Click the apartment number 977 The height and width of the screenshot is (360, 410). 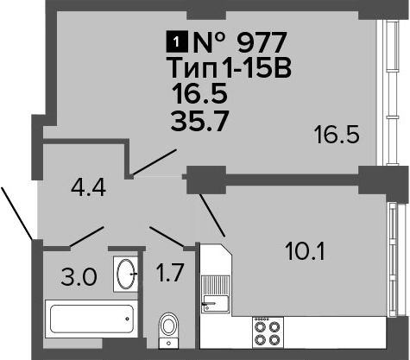pos(262,42)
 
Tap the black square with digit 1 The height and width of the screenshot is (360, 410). pos(177,42)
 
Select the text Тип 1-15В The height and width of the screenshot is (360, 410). pos(230,68)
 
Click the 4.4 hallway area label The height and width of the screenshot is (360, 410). pos(88,187)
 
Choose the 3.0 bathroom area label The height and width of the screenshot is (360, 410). pos(79,277)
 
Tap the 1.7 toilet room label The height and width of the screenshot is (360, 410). pos(169,273)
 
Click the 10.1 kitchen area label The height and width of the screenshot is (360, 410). pos(305,251)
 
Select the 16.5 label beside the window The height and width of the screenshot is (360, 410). pos(337,135)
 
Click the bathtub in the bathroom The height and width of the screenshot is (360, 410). pos(91,319)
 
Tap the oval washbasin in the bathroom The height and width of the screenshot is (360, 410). pos(126,274)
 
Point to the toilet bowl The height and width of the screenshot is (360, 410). pos(168,331)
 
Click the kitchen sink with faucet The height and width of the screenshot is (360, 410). pos(216,294)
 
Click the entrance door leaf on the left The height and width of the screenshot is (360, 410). pos(16,213)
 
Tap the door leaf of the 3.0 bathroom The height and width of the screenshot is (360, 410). pos(86,237)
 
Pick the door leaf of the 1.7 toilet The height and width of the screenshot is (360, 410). pos(167,237)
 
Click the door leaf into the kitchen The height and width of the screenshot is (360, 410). pos(212,215)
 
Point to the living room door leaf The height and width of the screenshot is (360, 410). pos(154,162)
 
